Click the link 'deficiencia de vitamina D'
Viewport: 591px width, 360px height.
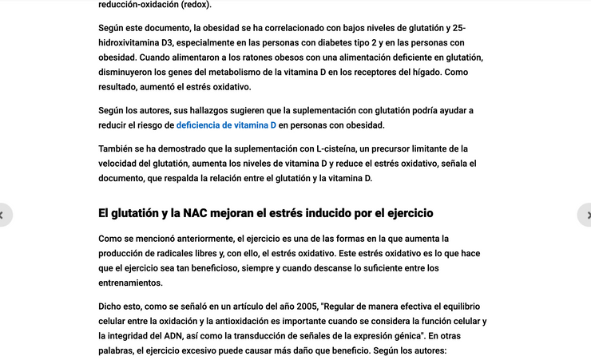226,125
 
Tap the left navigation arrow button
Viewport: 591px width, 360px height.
3,215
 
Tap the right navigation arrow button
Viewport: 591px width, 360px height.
587,215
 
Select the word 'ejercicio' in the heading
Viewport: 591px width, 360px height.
405,213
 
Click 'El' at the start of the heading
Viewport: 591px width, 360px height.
104,213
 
